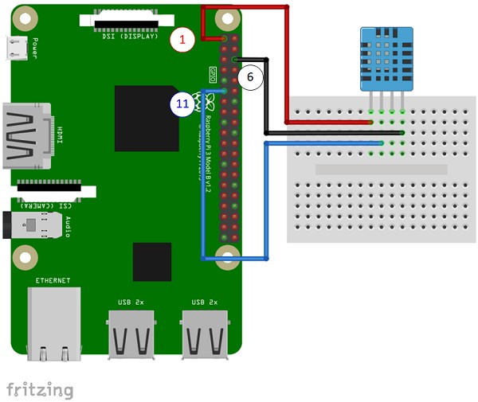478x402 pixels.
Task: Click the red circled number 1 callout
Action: coord(182,38)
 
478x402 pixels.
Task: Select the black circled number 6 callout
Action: coord(250,77)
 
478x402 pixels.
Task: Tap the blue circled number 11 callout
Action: coord(182,103)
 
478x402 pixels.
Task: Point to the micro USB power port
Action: coord(16,49)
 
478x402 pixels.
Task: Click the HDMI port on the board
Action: coord(27,135)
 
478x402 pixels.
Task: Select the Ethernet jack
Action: coord(53,322)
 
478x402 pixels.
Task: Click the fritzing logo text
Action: coord(40,389)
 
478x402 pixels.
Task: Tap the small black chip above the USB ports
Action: coord(152,262)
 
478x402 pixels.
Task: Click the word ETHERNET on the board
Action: coord(53,280)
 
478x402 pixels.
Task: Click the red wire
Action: coord(286,64)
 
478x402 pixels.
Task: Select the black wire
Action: coord(266,96)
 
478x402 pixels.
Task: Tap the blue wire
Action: coord(205,199)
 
